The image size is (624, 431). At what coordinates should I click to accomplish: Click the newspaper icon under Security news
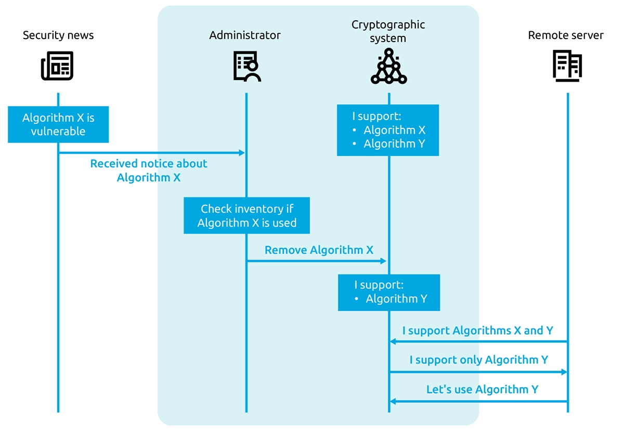point(57,66)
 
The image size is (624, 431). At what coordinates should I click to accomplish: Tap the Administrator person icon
point(247,67)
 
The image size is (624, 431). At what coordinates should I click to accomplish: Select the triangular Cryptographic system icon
point(388,66)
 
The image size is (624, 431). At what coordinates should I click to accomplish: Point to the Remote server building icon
point(567,66)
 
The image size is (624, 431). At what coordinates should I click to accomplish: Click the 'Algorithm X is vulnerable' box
point(58,124)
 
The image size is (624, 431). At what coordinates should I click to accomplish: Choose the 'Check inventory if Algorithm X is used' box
point(246,215)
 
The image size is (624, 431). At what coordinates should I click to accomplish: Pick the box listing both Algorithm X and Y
point(388,130)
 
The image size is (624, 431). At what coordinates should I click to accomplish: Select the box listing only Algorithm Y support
point(389,293)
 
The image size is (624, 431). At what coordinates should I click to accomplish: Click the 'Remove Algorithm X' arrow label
point(319,250)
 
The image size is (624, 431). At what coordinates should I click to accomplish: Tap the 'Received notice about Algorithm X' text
point(149,170)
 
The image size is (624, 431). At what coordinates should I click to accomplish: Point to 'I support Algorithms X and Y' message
point(477,331)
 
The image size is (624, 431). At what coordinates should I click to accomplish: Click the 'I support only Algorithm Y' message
point(478,360)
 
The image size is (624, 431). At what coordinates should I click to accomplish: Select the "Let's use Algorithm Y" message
point(482,389)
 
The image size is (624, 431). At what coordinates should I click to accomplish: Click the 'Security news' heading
point(58,35)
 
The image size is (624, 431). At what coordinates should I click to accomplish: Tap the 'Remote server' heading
point(566,35)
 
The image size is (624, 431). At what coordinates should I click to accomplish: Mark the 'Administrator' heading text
point(245,35)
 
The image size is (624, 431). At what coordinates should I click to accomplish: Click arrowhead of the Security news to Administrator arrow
point(242,153)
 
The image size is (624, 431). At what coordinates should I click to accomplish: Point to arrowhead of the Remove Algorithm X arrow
point(383,261)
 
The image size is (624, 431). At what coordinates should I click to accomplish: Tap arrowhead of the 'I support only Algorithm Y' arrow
point(564,372)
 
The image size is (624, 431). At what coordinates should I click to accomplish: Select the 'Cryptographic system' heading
point(388,31)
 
